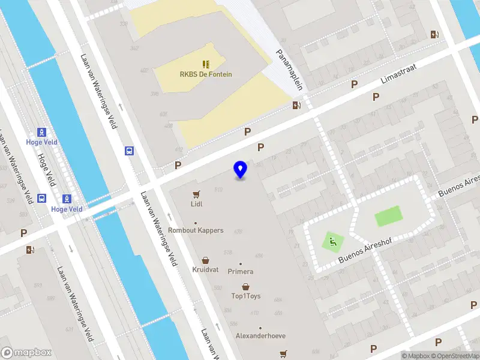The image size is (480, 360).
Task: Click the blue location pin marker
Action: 241,170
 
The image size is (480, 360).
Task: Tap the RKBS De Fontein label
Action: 206,74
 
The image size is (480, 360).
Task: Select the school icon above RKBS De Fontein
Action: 206,64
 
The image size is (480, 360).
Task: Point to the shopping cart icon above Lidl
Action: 196,194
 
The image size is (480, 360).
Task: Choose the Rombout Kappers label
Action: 196,230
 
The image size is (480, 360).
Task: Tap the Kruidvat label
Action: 206,270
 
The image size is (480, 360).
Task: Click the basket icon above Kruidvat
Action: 206,260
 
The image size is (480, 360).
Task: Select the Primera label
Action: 241,272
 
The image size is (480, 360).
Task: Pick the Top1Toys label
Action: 245,296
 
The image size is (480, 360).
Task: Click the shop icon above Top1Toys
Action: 245,287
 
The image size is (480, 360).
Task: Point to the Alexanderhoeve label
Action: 260,336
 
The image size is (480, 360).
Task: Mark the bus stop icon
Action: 129,151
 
